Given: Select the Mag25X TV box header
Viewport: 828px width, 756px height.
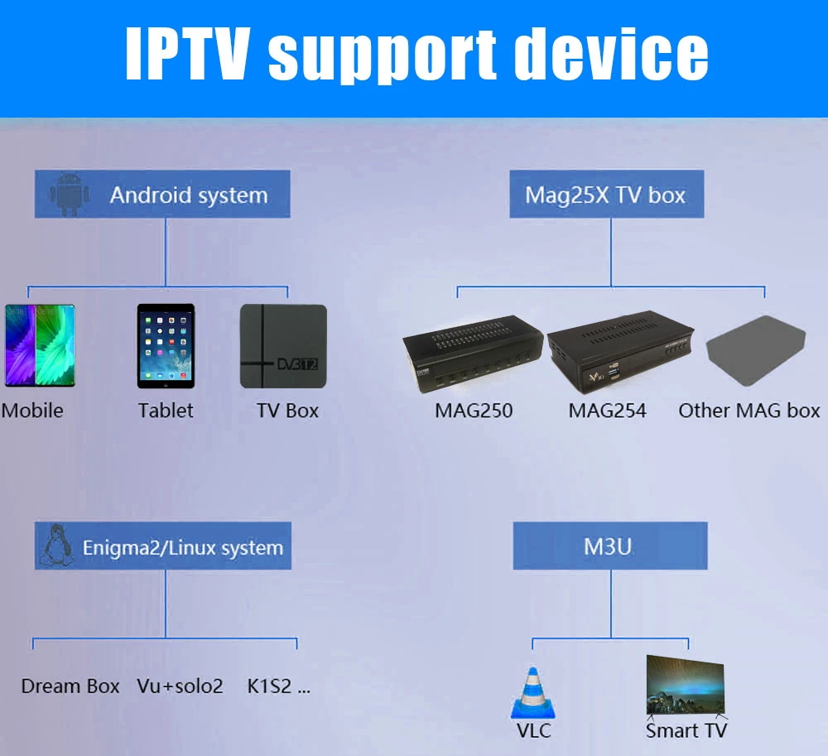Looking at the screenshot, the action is pyautogui.click(x=605, y=195).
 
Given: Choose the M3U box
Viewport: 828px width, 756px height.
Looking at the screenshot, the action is pyautogui.click(x=610, y=546).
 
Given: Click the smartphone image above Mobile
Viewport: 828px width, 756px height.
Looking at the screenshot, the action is pyautogui.click(x=40, y=344).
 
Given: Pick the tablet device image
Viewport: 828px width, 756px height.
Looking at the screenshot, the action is pyautogui.click(x=166, y=346).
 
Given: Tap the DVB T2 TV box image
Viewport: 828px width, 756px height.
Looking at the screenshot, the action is pyautogui.click(x=283, y=346).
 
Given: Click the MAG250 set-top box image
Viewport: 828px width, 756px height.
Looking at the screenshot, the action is pyautogui.click(x=473, y=353).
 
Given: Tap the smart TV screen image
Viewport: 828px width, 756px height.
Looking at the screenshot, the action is pyautogui.click(x=686, y=685).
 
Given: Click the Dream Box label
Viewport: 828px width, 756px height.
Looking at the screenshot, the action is pyautogui.click(x=70, y=686).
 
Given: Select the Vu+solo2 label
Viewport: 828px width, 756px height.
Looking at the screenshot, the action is pyautogui.click(x=180, y=686).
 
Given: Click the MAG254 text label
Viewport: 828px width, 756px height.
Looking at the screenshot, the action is pyautogui.click(x=607, y=411).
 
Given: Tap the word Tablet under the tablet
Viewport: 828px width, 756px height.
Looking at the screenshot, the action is pyautogui.click(x=166, y=411).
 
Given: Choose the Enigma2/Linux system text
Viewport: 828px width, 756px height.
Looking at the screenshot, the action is pyautogui.click(x=182, y=547).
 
